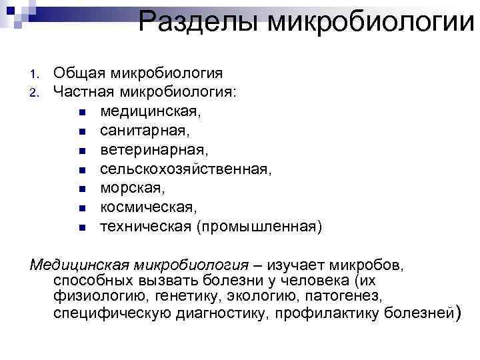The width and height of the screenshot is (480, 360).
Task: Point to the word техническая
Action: (145, 227)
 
